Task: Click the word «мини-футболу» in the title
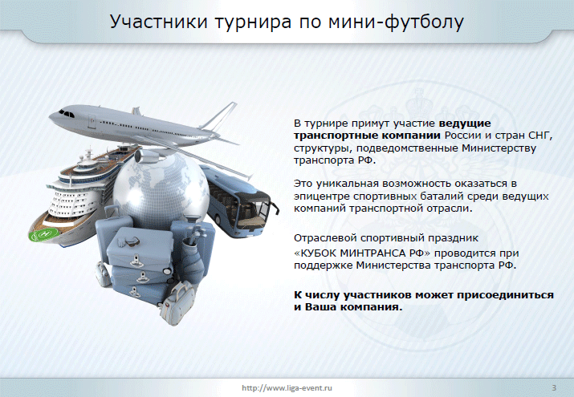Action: point(396,22)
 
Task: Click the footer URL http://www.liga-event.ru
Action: point(287,388)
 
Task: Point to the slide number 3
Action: point(554,388)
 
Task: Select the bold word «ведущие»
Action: point(465,124)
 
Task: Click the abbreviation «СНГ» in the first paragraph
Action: point(540,136)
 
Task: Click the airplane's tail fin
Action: point(220,115)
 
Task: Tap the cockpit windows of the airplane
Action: point(67,113)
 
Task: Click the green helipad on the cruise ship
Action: point(44,234)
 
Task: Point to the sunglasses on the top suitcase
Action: point(128,241)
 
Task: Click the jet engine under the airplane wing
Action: point(146,155)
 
